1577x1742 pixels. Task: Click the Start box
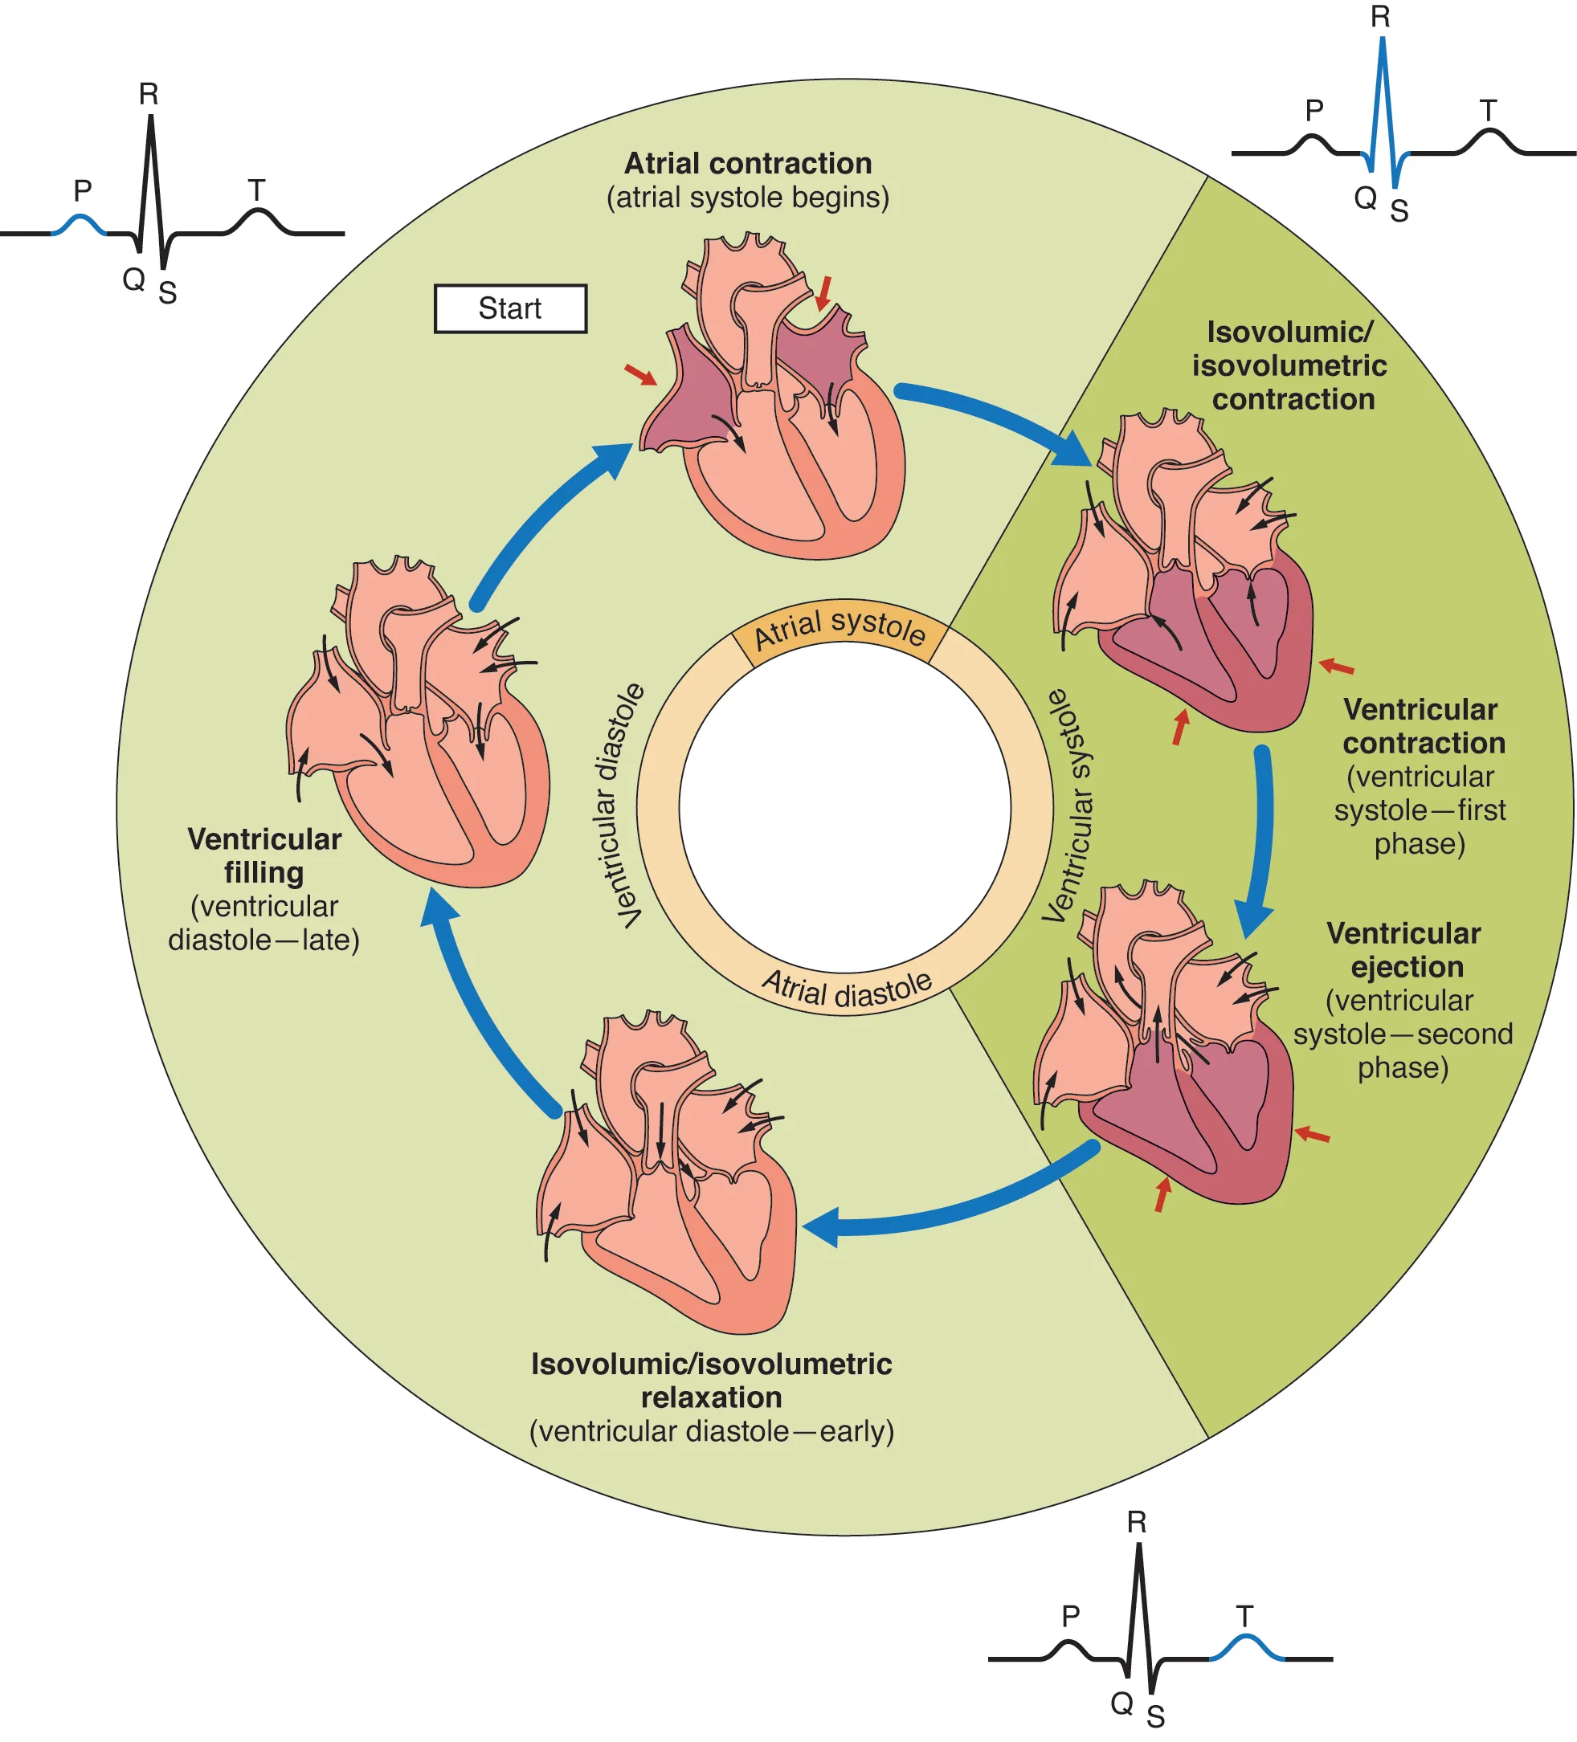point(510,308)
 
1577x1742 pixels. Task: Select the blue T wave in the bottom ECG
point(1245,1643)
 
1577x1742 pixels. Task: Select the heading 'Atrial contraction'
point(747,163)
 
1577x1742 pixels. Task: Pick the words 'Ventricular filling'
point(264,855)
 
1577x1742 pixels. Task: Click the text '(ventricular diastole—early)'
point(711,1431)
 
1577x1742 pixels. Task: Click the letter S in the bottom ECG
point(1155,1716)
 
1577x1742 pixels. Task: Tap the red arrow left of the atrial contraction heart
point(640,374)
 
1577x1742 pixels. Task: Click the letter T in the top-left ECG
point(255,190)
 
